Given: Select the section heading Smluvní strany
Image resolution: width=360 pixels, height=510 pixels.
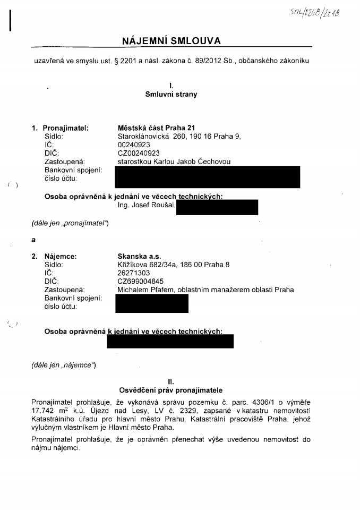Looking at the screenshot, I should tap(171, 95).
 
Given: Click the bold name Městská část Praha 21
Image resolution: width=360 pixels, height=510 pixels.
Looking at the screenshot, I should tap(156, 128).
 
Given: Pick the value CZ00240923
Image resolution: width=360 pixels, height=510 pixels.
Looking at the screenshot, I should tap(138, 153).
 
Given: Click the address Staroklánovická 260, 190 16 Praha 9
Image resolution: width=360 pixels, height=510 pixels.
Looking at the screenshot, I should tap(179, 137).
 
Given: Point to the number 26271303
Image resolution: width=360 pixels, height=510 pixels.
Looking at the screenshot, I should tap(133, 272).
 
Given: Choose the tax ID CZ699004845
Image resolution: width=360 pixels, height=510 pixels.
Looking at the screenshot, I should tap(140, 281).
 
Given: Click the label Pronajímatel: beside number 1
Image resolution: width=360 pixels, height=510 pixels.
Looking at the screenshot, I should tap(65, 128).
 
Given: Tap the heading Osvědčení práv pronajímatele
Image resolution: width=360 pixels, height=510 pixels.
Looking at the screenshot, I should tap(171, 390).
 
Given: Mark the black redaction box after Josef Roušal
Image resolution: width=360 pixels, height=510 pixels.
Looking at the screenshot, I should tap(217, 207).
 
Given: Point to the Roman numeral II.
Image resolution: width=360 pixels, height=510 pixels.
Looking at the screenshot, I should tap(171, 381).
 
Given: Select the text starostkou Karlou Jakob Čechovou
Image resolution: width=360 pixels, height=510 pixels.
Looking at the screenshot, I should tap(174, 161).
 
